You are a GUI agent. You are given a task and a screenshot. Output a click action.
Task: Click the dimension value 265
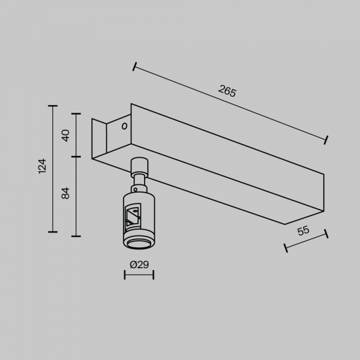pos(227,91)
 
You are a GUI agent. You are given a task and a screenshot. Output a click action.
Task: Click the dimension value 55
pos(303,230)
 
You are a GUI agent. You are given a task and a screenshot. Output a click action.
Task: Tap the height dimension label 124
pos(42,166)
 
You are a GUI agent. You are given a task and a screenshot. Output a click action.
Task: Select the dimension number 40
pos(66,135)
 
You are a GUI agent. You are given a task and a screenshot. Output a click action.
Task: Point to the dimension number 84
pos(66,193)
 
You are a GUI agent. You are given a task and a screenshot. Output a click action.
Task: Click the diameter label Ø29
pos(139,264)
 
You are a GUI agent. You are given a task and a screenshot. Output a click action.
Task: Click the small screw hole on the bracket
pos(124,127)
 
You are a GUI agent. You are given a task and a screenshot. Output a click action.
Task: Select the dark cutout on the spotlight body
pos(133,217)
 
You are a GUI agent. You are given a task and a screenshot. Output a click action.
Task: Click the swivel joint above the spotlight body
pos(139,179)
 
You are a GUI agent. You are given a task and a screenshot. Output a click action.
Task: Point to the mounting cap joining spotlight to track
pos(139,164)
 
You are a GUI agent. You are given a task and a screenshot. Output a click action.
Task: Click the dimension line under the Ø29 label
pos(139,275)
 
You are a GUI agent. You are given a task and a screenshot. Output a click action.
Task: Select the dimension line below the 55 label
pos(305,239)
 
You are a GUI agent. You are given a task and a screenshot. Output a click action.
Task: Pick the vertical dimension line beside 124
pos(53,169)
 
